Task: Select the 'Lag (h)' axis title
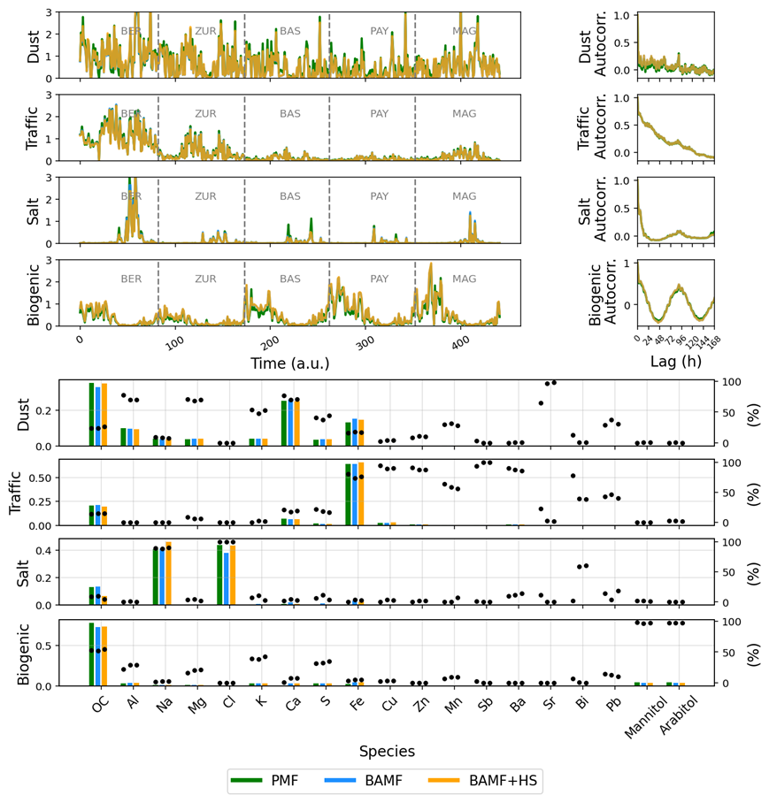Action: coord(675,363)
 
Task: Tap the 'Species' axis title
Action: coord(387,751)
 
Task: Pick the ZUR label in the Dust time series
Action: coord(205,31)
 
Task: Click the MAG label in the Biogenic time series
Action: coord(465,279)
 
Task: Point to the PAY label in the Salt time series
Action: coord(380,196)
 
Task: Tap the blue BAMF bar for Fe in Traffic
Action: coord(355,494)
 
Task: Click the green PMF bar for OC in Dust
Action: coord(91,415)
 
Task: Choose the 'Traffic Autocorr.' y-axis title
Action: coord(585,125)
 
